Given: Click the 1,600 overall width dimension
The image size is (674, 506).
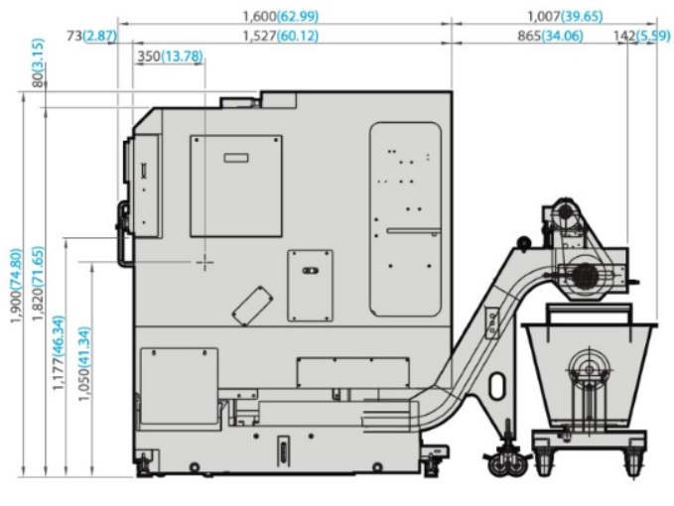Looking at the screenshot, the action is [281, 16].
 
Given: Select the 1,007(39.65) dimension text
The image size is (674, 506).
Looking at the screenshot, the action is [565, 16].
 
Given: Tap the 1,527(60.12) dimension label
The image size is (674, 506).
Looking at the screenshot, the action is [281, 36].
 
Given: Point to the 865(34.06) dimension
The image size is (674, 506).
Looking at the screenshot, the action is [550, 36].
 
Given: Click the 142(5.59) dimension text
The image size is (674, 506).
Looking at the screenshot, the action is [641, 36].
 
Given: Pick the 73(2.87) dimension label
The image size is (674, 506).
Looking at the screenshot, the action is [91, 36].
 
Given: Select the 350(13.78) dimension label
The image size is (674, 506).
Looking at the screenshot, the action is [170, 56].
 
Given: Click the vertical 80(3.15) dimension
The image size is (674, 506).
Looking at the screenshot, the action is [38, 63].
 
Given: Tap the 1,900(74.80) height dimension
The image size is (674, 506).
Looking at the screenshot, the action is [16, 286].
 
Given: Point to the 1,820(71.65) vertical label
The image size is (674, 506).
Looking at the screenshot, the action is [38, 284].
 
